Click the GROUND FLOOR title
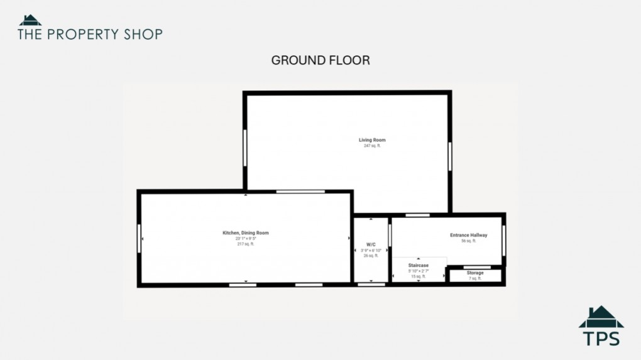tap(320, 60)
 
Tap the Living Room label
tap(372, 139)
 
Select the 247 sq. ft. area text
tap(372, 146)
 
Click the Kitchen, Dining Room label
tap(245, 233)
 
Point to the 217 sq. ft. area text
tap(245, 244)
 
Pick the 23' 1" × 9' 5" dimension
tap(245, 239)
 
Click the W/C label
tap(371, 244)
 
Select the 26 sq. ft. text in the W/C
tap(371, 256)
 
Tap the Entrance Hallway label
tap(469, 235)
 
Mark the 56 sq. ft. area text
tap(469, 241)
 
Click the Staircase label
tap(419, 266)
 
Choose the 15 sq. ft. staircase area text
tap(419, 276)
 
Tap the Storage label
tap(475, 273)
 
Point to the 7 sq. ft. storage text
tap(475, 278)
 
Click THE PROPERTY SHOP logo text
tap(90, 34)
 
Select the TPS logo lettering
tap(601, 338)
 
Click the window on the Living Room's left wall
tap(245, 148)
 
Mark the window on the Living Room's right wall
tap(450, 156)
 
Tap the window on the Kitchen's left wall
tap(139, 238)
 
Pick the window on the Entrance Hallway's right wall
tap(504, 240)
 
